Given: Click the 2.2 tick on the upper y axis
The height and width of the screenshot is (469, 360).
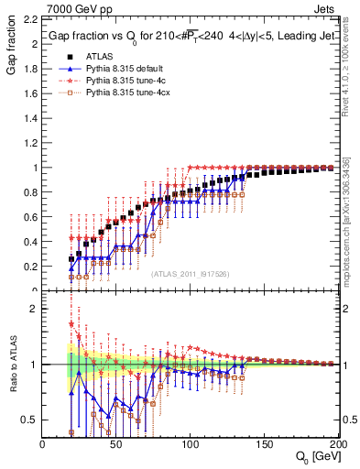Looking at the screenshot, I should (30, 20).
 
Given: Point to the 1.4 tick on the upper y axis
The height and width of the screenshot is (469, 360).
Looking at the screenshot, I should (30, 119).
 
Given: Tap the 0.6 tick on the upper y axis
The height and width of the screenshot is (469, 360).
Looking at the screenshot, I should (30, 218).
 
